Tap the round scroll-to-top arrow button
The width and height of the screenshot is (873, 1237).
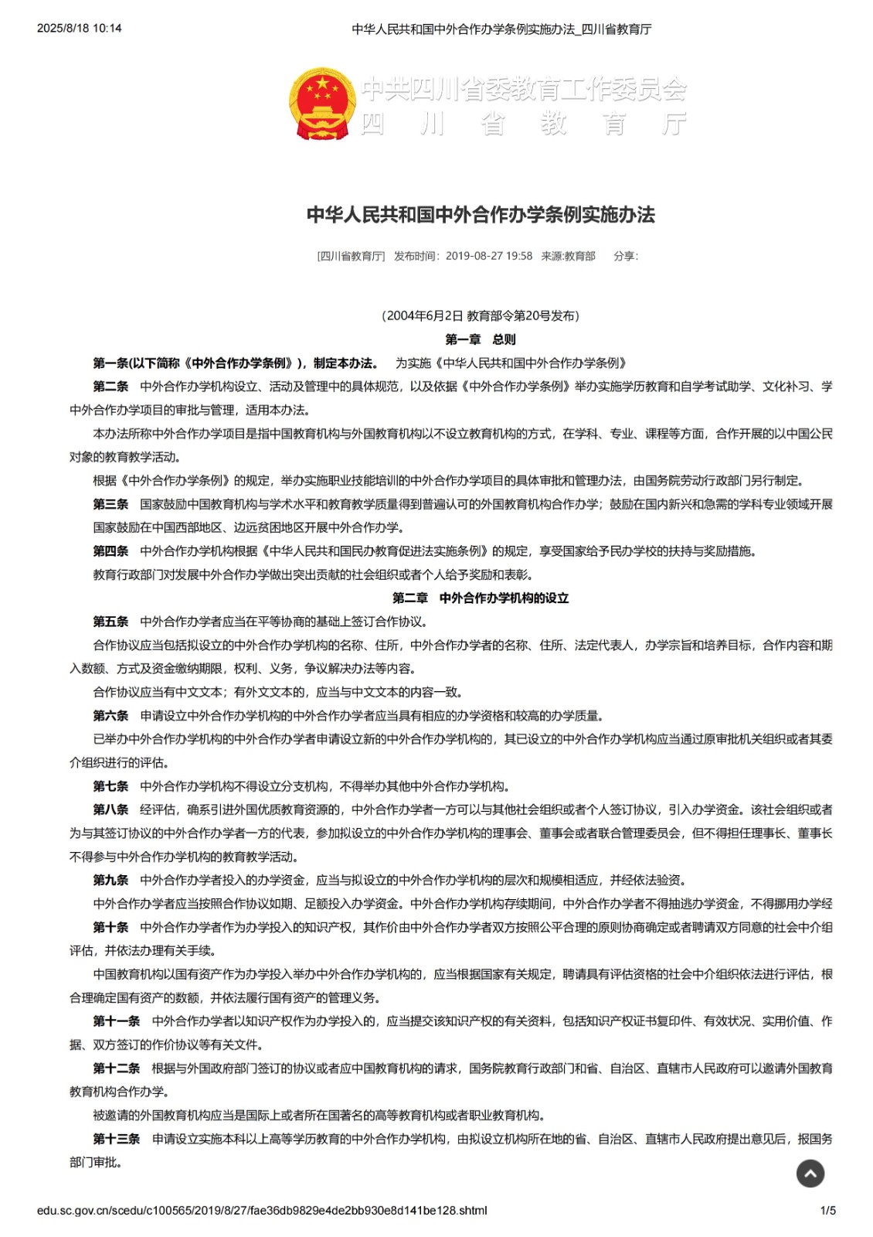coord(810,1174)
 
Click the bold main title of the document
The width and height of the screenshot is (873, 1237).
coord(481,214)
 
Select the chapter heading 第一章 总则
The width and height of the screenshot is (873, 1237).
coord(480,339)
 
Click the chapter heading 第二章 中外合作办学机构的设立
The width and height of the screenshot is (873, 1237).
coord(480,598)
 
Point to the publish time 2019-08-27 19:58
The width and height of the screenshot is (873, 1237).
coord(488,256)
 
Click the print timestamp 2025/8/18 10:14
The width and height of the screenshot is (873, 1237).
coord(79,29)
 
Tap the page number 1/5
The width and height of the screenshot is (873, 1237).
coord(827,1210)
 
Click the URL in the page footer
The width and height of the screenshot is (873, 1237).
coord(262,1210)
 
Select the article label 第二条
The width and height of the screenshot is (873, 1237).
coord(110,387)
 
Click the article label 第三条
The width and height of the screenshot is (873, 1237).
coord(110,504)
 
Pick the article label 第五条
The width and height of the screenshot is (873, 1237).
coord(110,622)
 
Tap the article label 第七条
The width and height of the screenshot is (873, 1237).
coord(110,786)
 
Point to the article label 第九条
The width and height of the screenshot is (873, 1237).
coord(110,880)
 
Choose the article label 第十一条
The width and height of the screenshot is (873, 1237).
coord(117,1021)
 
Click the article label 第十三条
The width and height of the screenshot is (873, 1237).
coord(117,1139)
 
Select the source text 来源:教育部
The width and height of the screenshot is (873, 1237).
coord(568,256)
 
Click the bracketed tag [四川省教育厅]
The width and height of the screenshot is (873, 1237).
coord(351,256)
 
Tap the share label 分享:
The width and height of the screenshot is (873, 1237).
coord(626,256)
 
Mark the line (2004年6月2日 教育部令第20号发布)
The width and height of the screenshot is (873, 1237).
coord(480,315)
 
